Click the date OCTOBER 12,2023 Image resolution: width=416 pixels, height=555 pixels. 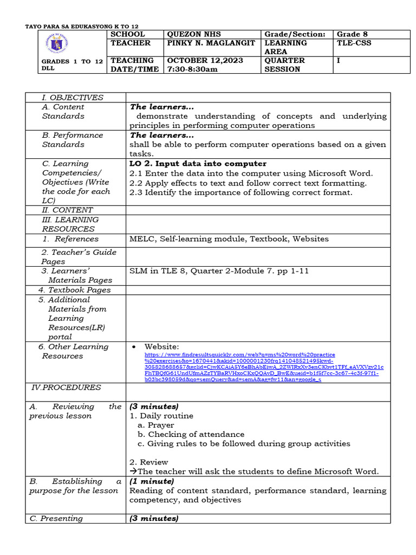205,60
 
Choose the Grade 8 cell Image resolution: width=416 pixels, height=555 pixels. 354,34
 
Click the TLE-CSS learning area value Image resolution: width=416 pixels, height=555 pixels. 354,43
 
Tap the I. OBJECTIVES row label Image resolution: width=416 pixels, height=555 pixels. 73,98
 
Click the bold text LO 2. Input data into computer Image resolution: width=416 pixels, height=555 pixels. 198,164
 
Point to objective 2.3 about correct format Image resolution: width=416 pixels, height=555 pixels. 240,192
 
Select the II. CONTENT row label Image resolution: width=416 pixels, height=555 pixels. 67,210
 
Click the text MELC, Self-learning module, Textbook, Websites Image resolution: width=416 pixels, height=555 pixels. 229,238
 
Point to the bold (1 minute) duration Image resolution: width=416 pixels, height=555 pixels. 152,481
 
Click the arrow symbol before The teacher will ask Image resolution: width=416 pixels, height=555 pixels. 133,472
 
